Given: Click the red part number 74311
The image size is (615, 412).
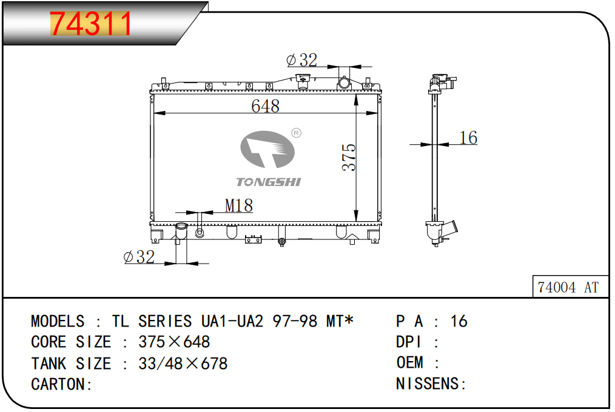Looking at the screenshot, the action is point(90,24).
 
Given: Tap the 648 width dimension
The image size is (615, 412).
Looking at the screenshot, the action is point(266,106).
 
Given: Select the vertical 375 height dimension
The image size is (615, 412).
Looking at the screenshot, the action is point(349,157).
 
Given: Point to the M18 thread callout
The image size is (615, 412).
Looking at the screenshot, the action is point(239,205).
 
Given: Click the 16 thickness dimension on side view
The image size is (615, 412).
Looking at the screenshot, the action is point(468,138).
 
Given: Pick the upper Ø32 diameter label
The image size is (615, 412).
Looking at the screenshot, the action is point(301,60).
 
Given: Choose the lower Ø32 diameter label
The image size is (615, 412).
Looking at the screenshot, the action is point(139,257).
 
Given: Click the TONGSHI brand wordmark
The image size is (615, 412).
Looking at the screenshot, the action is point(269,182).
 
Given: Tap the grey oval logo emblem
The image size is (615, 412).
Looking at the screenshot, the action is point(267,149).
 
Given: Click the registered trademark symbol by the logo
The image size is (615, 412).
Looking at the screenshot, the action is point(297,133).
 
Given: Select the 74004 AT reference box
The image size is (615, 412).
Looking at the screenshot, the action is point(570,287).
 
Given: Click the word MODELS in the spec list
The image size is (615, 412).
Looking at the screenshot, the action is point(58,322).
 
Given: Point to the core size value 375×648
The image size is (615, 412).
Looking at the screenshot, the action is point(174,342).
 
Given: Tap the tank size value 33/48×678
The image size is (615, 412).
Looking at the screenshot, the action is point(183,364).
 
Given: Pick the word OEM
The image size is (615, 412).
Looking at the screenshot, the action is point(410,362).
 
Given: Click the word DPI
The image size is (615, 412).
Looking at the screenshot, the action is point(408,342).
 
